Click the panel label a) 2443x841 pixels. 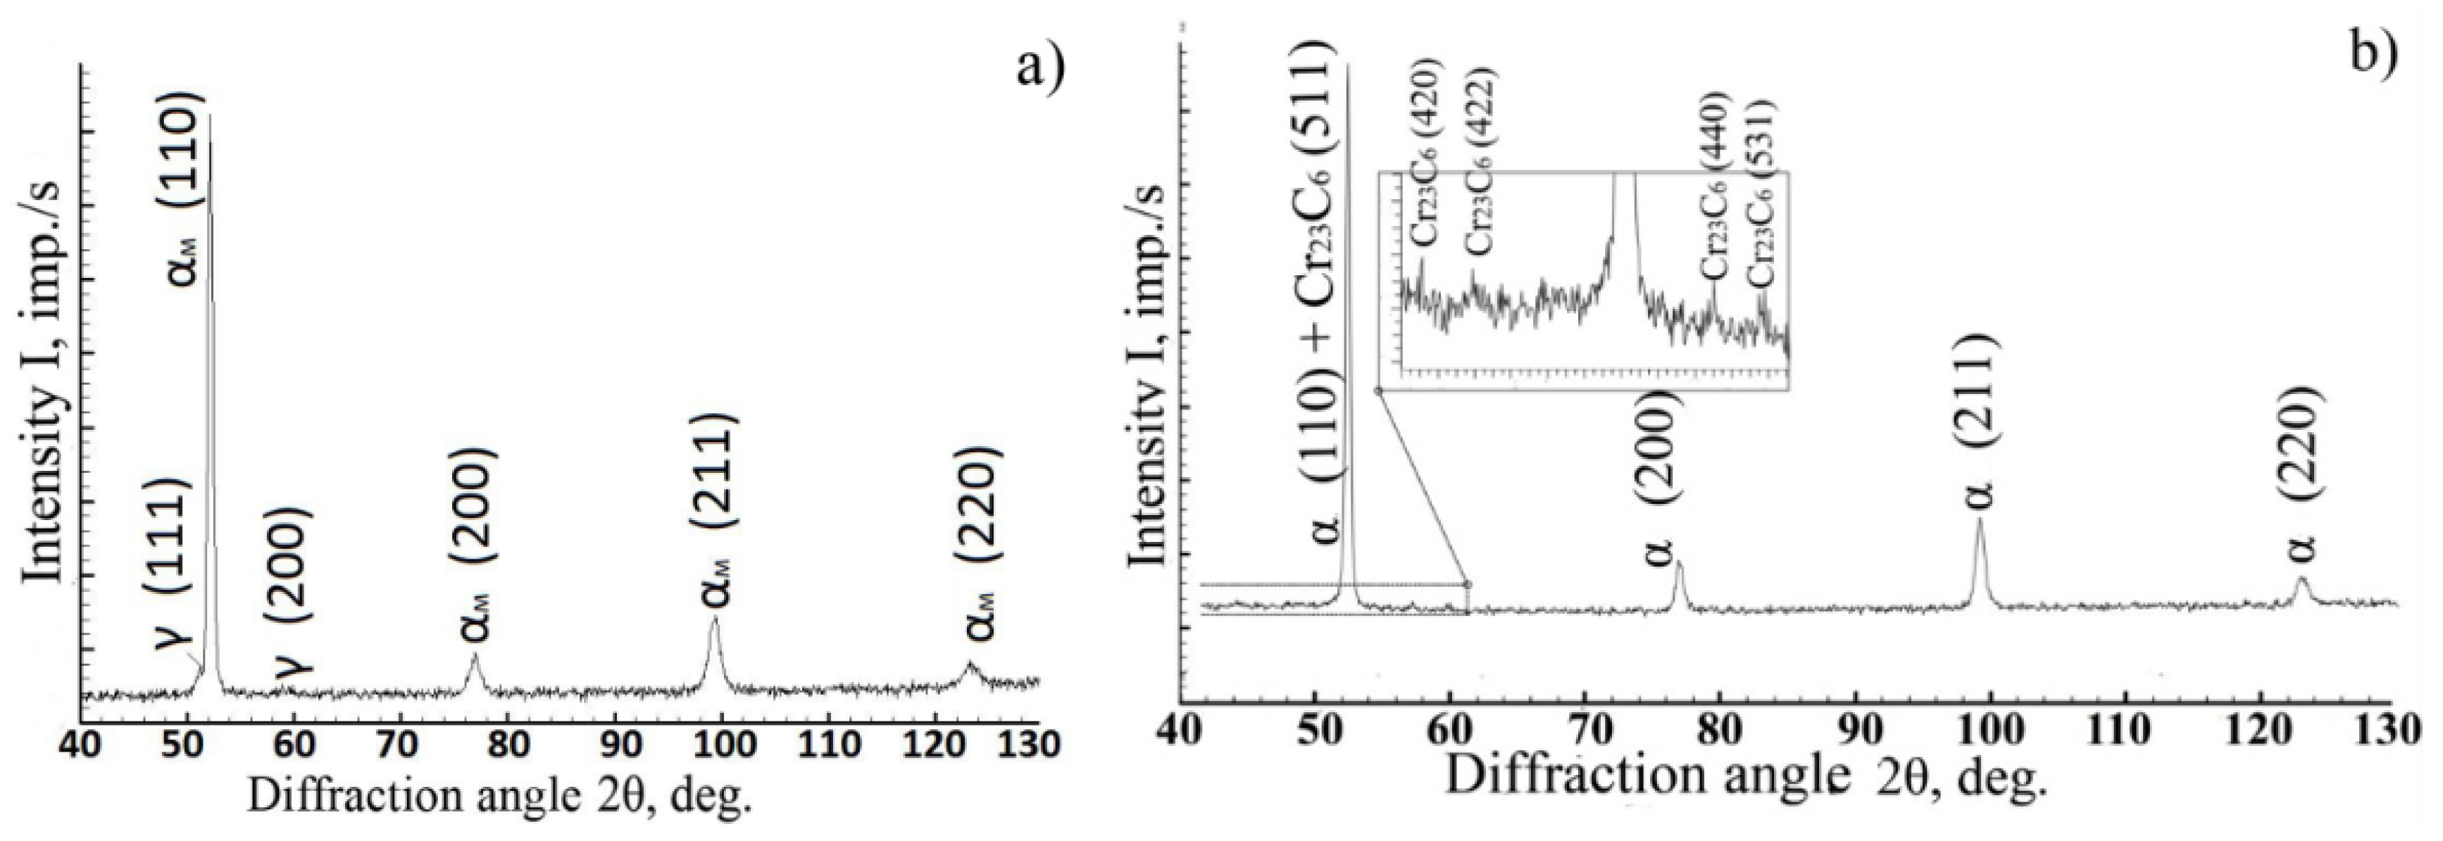coord(1040,66)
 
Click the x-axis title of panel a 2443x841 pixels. coord(500,795)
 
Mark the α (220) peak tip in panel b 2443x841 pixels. coord(2301,576)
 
